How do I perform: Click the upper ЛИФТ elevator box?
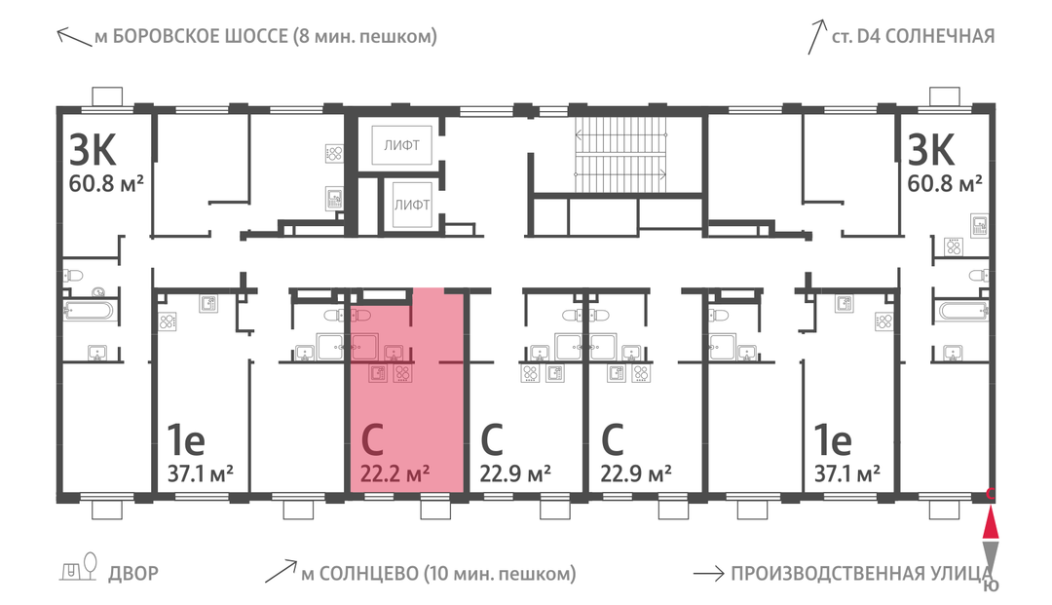tap(402, 144)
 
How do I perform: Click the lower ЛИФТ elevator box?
tap(411, 205)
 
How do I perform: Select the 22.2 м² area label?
tap(395, 474)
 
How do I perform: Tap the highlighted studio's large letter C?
tap(372, 440)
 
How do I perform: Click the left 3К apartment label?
tap(94, 150)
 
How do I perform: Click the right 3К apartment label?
tap(931, 150)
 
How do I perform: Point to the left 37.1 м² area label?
tap(200, 474)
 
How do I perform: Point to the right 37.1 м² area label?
tap(847, 474)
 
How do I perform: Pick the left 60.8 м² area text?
tap(107, 183)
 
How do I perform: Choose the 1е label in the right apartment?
tap(833, 440)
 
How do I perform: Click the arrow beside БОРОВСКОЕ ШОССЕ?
tap(74, 37)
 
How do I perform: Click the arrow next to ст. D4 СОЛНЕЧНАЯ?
tap(817, 37)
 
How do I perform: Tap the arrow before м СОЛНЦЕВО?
tap(282, 571)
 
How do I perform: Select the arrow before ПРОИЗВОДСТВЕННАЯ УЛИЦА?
tap(708, 574)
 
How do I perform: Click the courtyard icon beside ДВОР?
tap(79, 567)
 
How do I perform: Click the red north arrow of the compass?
tap(991, 524)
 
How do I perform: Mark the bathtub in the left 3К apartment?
tap(90, 310)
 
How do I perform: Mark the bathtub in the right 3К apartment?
tap(963, 311)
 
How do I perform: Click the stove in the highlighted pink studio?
tap(402, 373)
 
